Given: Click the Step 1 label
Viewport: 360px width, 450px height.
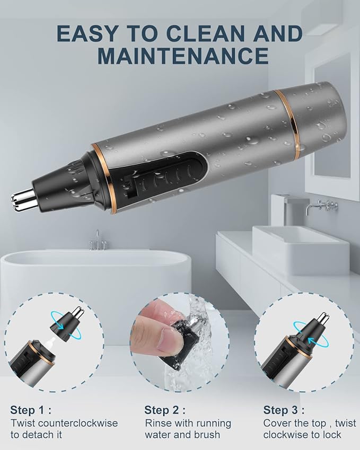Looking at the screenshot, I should coord(30,410).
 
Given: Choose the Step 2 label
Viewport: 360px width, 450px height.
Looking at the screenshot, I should coord(165,410).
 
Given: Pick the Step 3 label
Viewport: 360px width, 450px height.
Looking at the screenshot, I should coord(284,410).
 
